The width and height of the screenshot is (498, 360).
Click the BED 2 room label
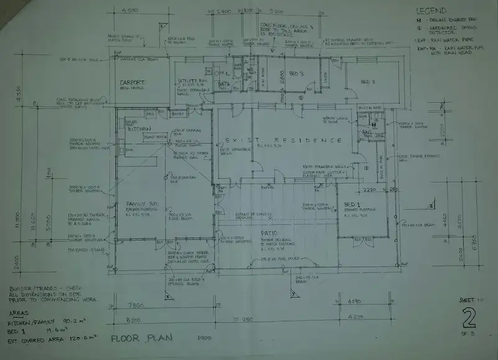(370, 81)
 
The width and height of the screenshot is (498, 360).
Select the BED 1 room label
(352, 204)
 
